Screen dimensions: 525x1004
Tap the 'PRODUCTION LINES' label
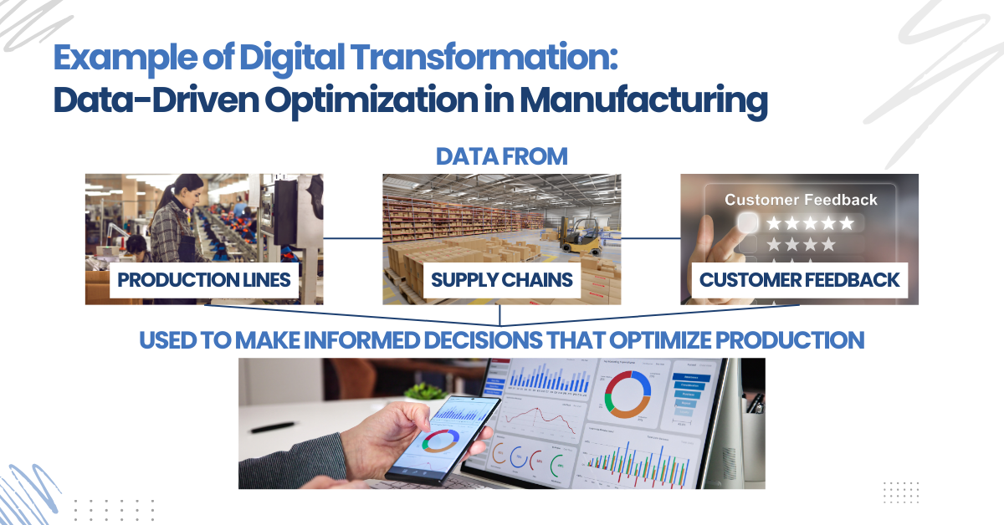point(204,279)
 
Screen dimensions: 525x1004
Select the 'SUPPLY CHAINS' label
point(502,279)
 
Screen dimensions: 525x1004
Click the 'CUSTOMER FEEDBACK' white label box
point(799,279)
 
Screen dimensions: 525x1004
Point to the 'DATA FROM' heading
point(502,156)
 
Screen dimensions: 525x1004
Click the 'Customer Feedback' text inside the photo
point(801,200)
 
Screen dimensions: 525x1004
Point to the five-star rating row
point(810,223)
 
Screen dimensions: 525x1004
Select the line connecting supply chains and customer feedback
point(650,238)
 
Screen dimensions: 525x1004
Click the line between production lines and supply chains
point(352,238)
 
